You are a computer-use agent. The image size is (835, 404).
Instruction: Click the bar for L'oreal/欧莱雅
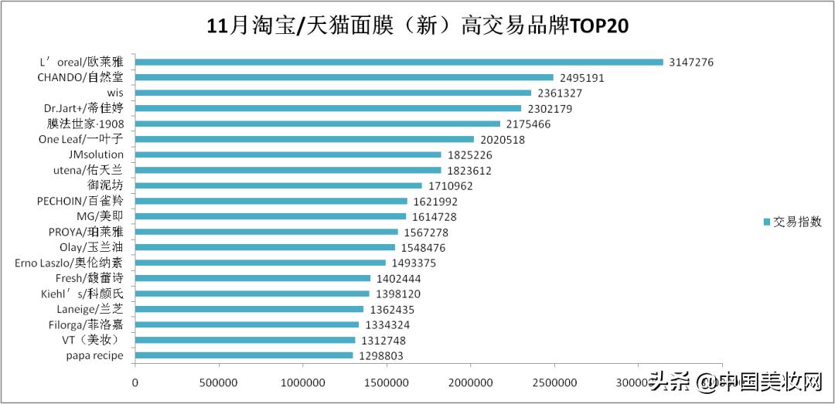coord(399,62)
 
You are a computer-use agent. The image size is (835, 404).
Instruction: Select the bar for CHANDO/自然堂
coord(344,77)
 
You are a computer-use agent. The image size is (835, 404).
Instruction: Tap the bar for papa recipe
coord(244,355)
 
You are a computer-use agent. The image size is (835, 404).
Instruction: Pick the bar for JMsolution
coord(288,154)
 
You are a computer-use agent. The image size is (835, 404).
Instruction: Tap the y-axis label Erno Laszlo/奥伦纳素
coord(69,263)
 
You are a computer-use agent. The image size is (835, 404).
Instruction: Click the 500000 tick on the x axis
coord(219,382)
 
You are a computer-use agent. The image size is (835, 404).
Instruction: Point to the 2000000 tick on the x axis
coord(470,382)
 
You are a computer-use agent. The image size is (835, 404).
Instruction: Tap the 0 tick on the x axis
coord(135,382)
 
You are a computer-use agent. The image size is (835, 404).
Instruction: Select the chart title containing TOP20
coord(417,25)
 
